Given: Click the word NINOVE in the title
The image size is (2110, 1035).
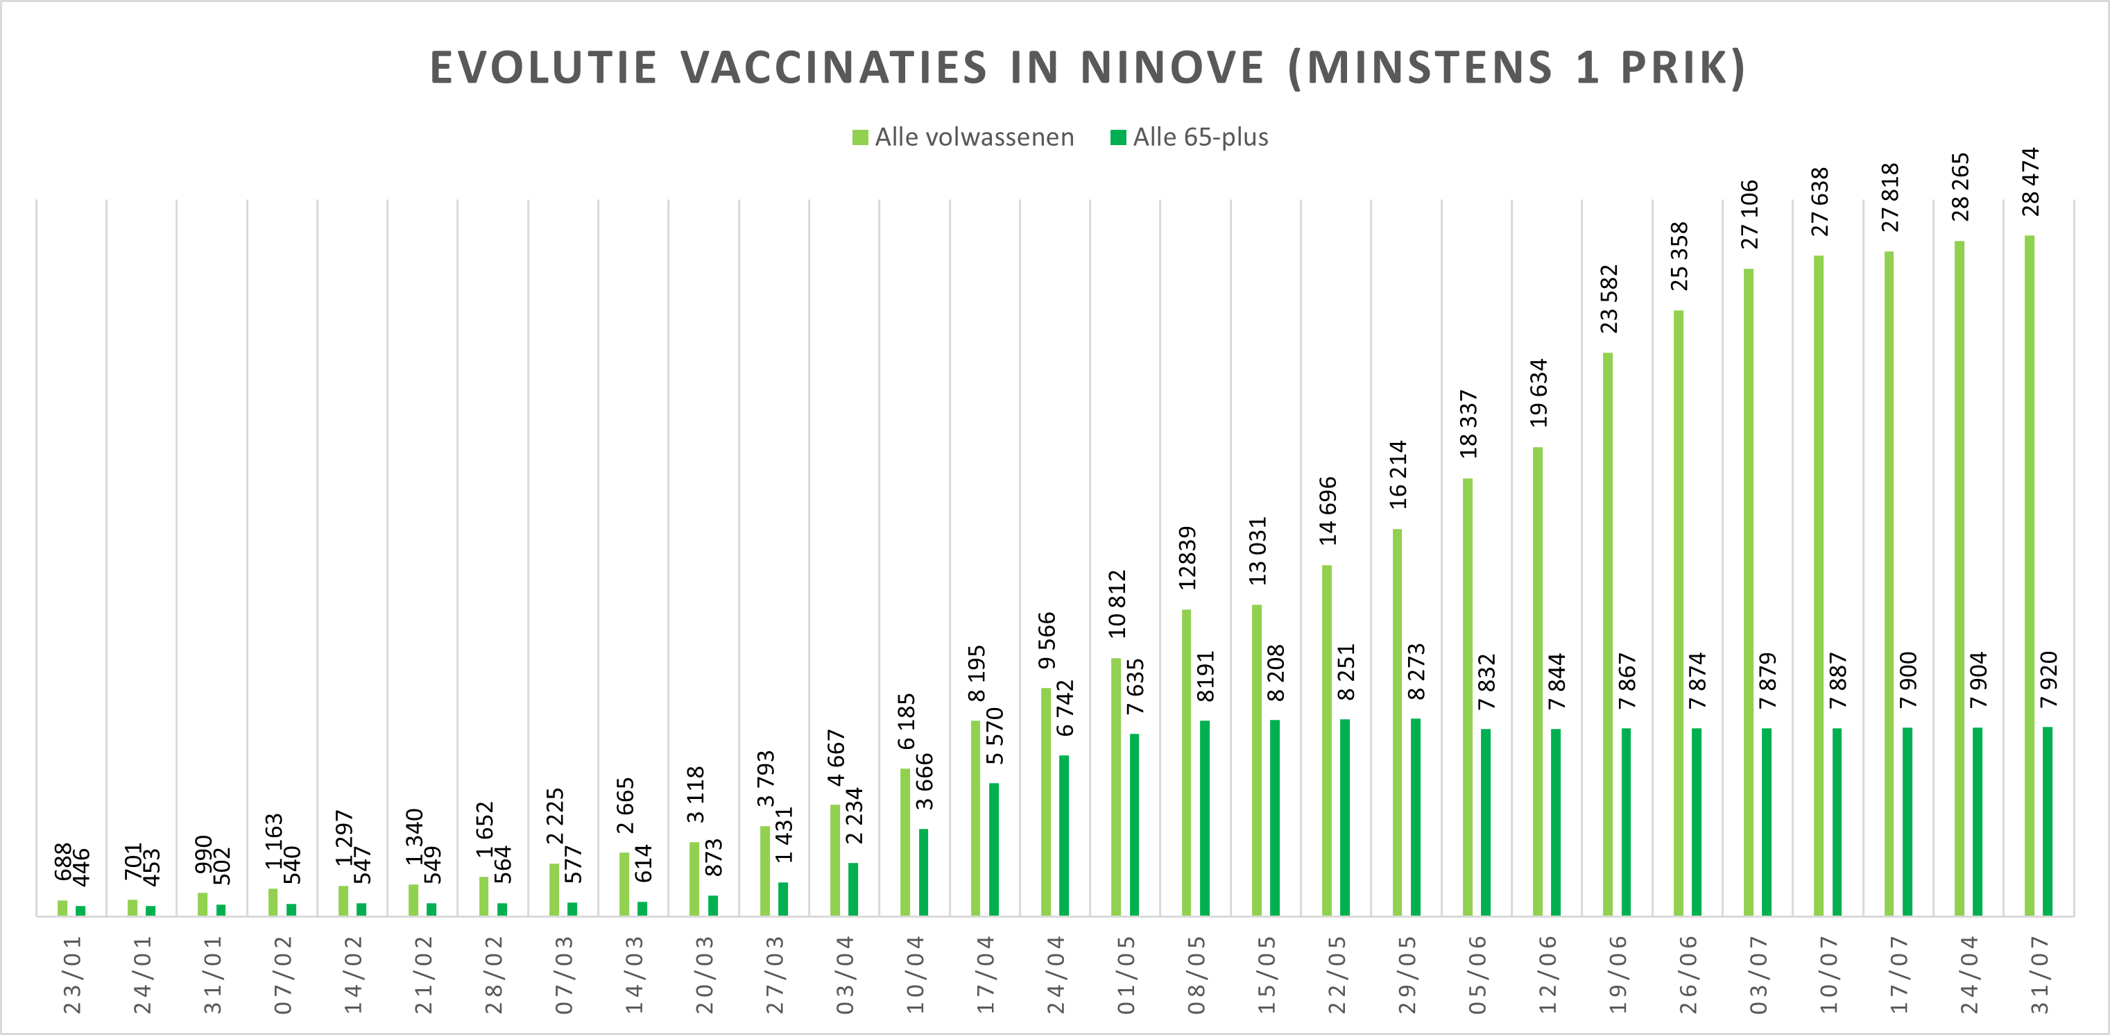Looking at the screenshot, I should [1172, 67].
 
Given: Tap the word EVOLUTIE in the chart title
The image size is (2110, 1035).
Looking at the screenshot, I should [543, 67].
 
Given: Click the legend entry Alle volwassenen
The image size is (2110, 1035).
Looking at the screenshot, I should [963, 137].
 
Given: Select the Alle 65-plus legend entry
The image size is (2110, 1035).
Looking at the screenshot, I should [1190, 137].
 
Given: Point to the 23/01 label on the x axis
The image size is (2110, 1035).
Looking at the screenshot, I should [73, 975].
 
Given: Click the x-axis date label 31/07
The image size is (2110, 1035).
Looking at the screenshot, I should [2039, 975].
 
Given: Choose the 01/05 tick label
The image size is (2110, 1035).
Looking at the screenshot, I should [1126, 975].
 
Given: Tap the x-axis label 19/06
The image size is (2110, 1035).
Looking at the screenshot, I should [1618, 975].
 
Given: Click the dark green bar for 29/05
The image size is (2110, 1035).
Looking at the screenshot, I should [1416, 817].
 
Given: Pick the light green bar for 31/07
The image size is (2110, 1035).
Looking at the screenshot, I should [2029, 575].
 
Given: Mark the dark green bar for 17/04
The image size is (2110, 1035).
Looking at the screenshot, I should [993, 849].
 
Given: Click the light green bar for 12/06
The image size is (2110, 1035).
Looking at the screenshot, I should [1538, 681].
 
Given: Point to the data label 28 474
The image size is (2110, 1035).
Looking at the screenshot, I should [2030, 182].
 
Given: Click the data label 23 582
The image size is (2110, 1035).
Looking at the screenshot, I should [1609, 299].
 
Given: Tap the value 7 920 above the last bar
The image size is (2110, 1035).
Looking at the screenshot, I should [2048, 680].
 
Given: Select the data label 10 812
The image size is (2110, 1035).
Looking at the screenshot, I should [1117, 604].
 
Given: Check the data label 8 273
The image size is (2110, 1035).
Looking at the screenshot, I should [1416, 672].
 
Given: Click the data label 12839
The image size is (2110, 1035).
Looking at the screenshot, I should [1187, 558].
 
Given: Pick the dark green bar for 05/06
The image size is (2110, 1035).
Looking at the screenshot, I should [1486, 822].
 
